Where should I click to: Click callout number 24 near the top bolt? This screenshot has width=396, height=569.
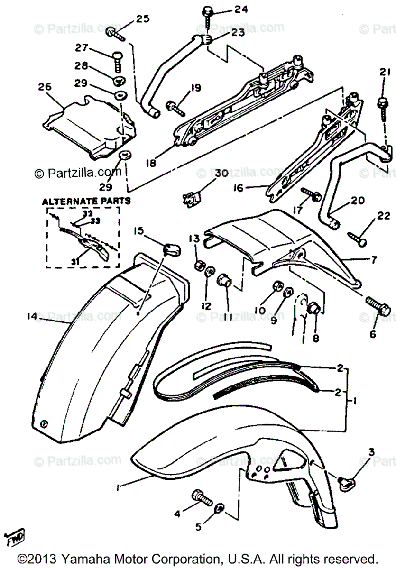click(240, 9)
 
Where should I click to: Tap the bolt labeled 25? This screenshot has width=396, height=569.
click(114, 33)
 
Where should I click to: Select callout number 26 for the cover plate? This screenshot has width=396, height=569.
click(46, 87)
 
